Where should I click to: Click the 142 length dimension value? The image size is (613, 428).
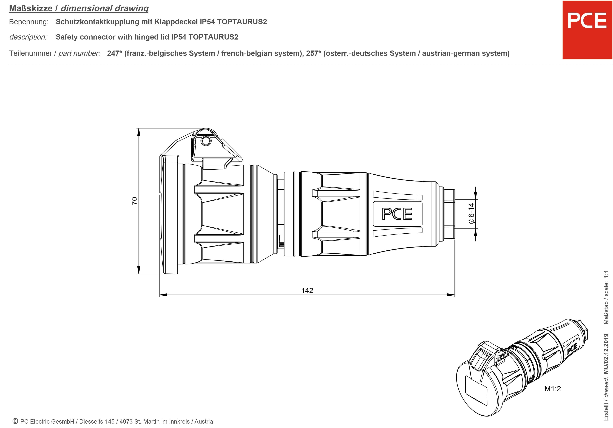[x=307, y=290]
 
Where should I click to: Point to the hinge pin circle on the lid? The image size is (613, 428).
[x=205, y=140]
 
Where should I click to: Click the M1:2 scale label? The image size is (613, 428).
[x=552, y=389]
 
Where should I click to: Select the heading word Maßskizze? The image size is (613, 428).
[x=31, y=8]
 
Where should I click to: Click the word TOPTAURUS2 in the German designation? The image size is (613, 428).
[x=242, y=22]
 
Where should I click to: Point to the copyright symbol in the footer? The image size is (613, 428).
[x=15, y=421]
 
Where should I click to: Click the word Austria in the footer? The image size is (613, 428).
[x=203, y=422]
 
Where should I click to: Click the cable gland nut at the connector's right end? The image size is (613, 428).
[x=449, y=214]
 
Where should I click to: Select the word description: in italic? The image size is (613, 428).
[x=28, y=37]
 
